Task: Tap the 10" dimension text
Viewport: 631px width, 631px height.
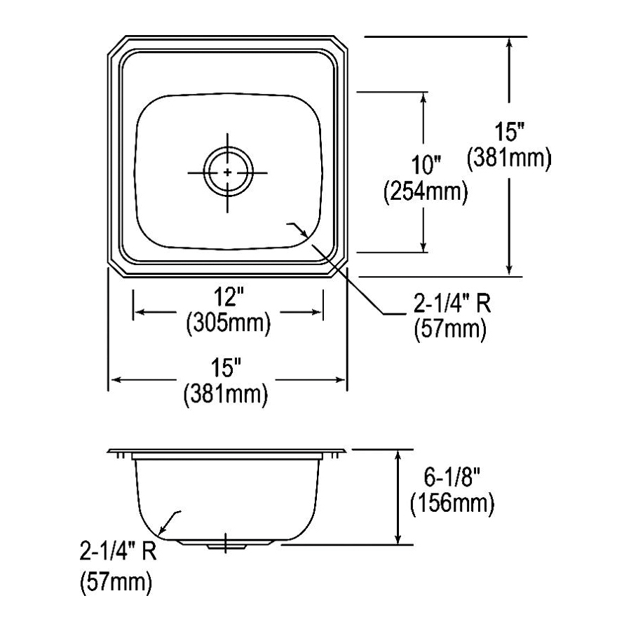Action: point(426,166)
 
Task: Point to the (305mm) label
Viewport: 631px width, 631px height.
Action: point(228,323)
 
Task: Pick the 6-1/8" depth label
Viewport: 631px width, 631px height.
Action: point(452,478)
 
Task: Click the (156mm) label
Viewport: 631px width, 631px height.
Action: point(452,503)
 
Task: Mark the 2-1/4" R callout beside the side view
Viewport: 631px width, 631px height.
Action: point(117,555)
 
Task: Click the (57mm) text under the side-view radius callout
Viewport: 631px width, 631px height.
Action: point(117,581)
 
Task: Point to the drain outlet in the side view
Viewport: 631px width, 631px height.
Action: point(226,543)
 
